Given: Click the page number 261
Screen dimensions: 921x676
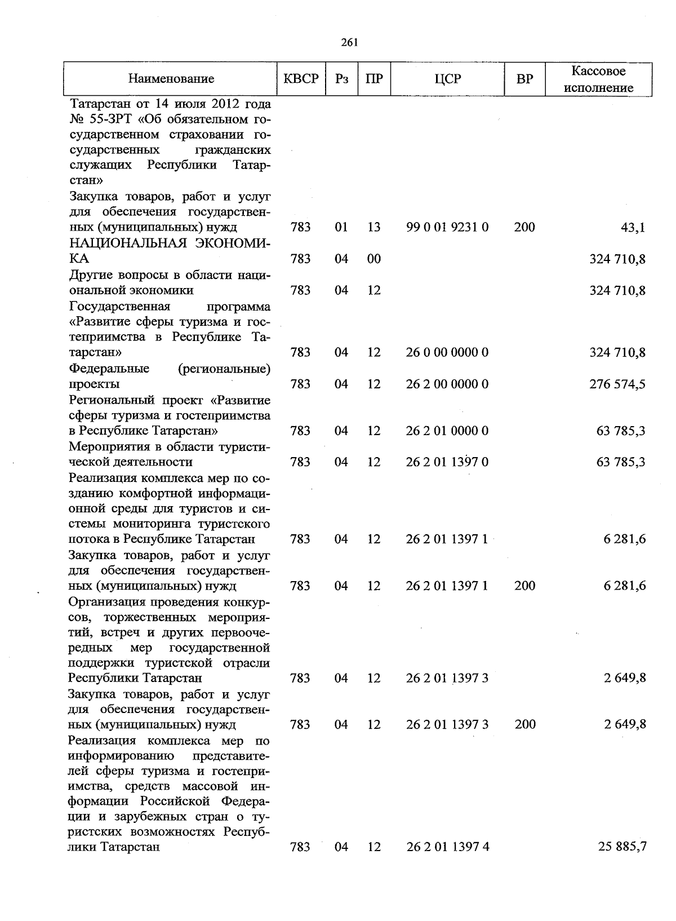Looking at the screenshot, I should (349, 42).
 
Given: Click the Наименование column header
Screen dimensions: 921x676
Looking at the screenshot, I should (171, 79).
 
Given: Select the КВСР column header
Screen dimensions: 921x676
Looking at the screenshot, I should (301, 79).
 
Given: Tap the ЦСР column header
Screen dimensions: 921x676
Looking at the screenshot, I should (448, 79).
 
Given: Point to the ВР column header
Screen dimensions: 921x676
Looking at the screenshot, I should (524, 79).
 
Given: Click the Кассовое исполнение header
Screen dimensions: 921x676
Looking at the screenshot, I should (598, 79).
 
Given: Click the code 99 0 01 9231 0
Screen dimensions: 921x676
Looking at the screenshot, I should (447, 227).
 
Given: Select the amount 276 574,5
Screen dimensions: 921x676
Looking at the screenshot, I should (617, 384).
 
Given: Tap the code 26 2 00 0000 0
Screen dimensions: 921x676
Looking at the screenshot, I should (447, 384).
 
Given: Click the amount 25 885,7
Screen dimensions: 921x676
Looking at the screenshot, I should (622, 847).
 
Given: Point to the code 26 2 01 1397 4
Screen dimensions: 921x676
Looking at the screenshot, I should (447, 847).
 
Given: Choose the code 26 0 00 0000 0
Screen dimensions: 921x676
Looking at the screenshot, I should (447, 352).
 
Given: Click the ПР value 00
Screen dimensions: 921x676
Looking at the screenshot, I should (374, 259).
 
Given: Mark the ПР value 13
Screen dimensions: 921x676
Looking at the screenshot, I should (374, 227).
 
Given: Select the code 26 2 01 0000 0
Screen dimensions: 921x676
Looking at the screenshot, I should (447, 431).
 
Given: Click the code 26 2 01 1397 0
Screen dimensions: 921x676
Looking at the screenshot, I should (447, 462).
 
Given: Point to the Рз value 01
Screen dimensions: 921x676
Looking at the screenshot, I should (341, 227).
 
